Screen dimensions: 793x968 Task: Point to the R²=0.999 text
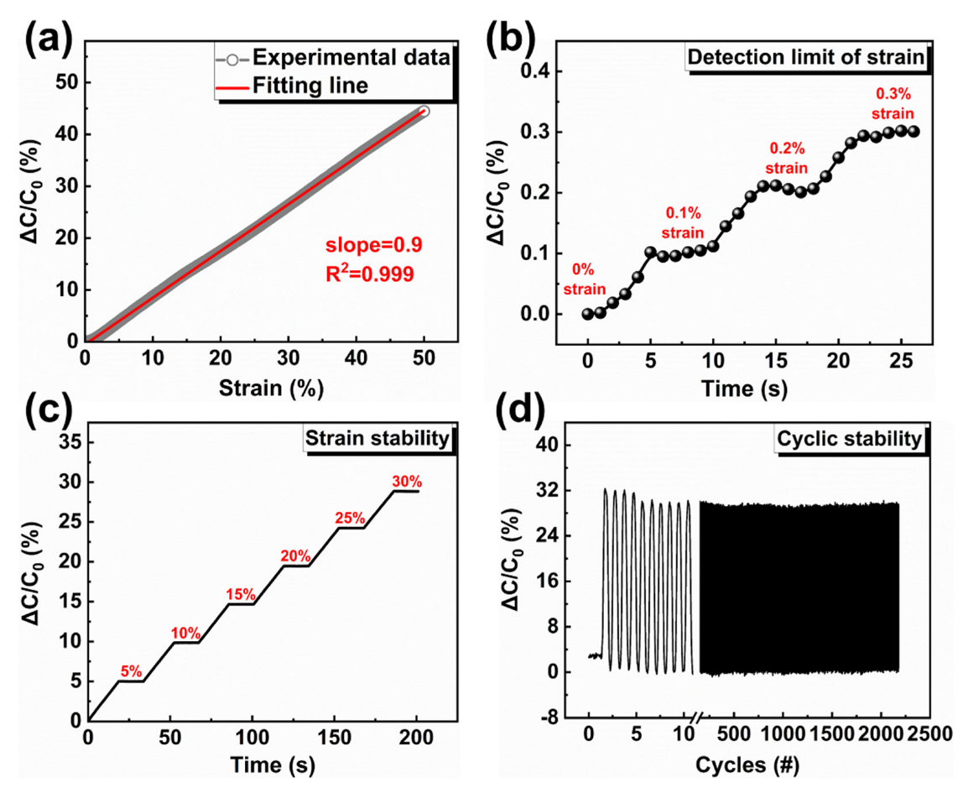(x=370, y=273)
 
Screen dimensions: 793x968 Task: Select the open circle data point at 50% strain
(x=423, y=112)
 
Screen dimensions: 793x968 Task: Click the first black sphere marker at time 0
(x=587, y=314)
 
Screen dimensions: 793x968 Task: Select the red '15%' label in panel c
(x=240, y=594)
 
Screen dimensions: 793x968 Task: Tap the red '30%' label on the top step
(x=407, y=483)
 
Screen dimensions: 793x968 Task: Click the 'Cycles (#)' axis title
(x=746, y=765)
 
